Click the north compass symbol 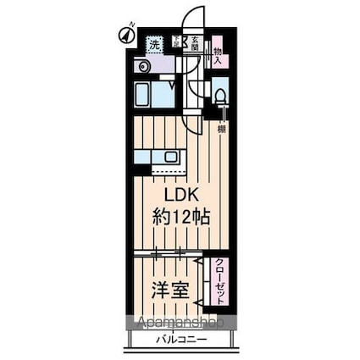click(x=124, y=36)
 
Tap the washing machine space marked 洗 click(x=155, y=44)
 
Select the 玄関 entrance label click(x=194, y=44)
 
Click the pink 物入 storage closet click(x=217, y=53)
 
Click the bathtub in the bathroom click(x=152, y=93)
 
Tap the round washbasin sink click(x=143, y=66)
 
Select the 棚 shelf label click(x=221, y=129)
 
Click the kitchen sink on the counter click(x=171, y=157)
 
